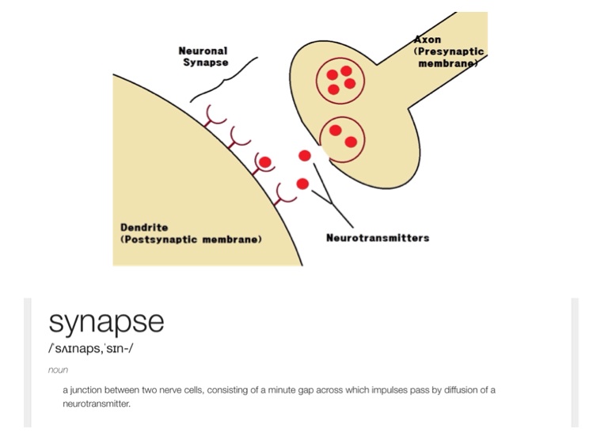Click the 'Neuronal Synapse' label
point(204,56)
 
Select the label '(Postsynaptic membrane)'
point(191,239)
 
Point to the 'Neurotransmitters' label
point(378,237)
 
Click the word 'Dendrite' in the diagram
point(144,227)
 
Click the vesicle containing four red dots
point(341,78)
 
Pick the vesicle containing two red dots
point(343,138)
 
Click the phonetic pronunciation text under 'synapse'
point(90,348)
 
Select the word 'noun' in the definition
point(58,370)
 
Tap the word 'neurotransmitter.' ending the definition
point(96,404)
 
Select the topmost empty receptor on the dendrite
point(213,116)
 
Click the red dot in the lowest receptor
point(302,184)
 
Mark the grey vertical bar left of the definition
point(27,362)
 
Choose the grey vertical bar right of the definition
point(575,362)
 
